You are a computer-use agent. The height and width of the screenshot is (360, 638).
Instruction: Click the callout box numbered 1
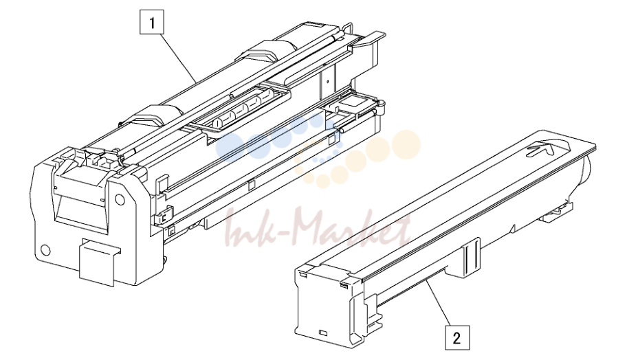(152, 22)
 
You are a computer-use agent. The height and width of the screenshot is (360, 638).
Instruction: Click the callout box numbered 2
(457, 337)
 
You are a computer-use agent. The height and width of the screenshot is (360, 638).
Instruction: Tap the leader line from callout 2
(440, 303)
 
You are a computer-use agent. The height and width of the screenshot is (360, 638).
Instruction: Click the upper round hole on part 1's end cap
(119, 199)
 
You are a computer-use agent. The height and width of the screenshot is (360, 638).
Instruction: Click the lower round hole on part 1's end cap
(46, 250)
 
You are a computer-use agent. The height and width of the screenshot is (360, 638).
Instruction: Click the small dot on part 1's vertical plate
(327, 81)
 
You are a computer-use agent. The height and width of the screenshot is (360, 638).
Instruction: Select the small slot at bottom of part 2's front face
(324, 333)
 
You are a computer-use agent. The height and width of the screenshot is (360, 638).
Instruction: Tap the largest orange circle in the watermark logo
(406, 144)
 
